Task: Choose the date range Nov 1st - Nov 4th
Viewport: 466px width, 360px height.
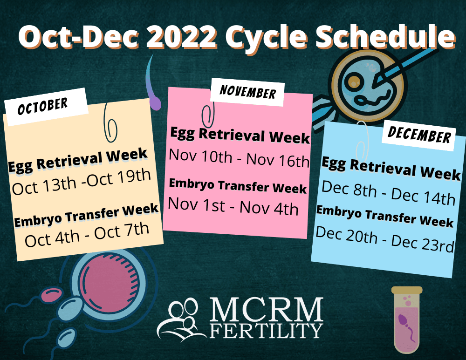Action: (x=233, y=206)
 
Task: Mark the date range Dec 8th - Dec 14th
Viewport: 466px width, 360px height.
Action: (x=388, y=191)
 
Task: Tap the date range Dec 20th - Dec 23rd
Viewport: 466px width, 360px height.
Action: (x=384, y=240)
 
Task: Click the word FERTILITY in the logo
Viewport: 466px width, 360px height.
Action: (x=266, y=330)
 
